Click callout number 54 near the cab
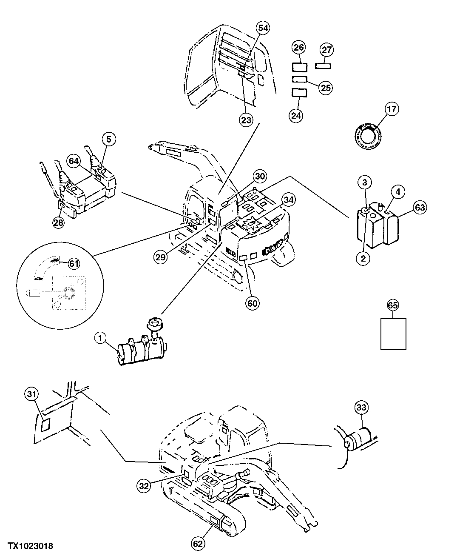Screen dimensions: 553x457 tap(263, 28)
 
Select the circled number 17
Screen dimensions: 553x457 tap(392, 109)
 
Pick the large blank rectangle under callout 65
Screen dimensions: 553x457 tap(393, 334)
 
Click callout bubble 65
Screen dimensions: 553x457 tap(393, 305)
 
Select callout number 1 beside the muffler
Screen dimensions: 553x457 tap(100, 339)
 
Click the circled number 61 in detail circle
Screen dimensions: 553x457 tap(74, 264)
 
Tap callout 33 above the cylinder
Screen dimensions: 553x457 tap(361, 408)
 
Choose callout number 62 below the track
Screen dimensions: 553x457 tap(199, 543)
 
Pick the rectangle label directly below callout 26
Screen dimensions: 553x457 tap(300, 67)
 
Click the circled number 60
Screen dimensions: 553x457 tap(253, 303)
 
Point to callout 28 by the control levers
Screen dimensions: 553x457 tap(59, 222)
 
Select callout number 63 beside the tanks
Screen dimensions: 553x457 tap(420, 208)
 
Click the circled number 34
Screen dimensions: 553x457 tap(289, 199)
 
